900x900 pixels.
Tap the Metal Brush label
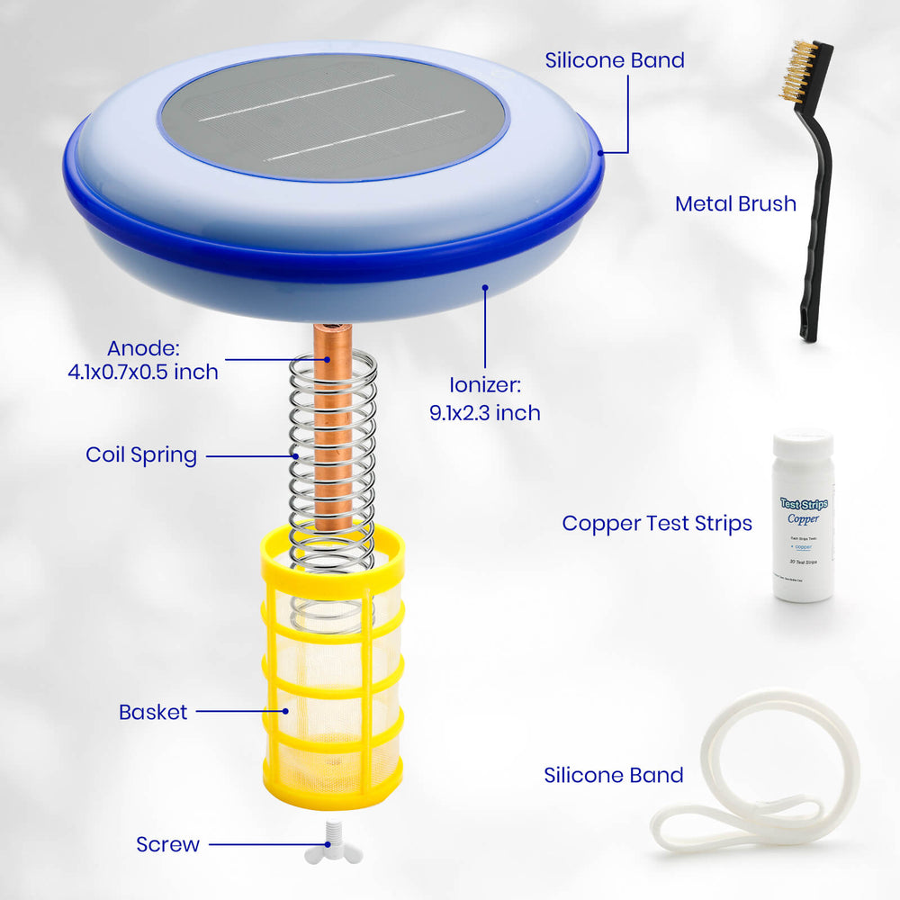(x=735, y=204)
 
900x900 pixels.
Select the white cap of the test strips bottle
(x=803, y=445)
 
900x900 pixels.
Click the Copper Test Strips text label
(x=657, y=523)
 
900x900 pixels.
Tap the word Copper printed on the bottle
(x=803, y=519)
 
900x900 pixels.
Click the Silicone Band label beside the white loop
(x=613, y=775)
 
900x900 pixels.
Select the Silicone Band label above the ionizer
(x=615, y=60)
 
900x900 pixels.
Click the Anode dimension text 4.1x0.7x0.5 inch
(x=143, y=371)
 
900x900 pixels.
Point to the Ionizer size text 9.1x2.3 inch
(x=485, y=412)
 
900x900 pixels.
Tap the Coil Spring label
(x=141, y=454)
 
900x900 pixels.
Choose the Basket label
(x=153, y=712)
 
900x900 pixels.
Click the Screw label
(x=167, y=844)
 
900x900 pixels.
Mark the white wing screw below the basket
(x=334, y=845)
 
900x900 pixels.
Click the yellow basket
(x=332, y=675)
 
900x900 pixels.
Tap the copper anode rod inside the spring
(x=333, y=432)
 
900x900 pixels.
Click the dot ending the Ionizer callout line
(x=485, y=289)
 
